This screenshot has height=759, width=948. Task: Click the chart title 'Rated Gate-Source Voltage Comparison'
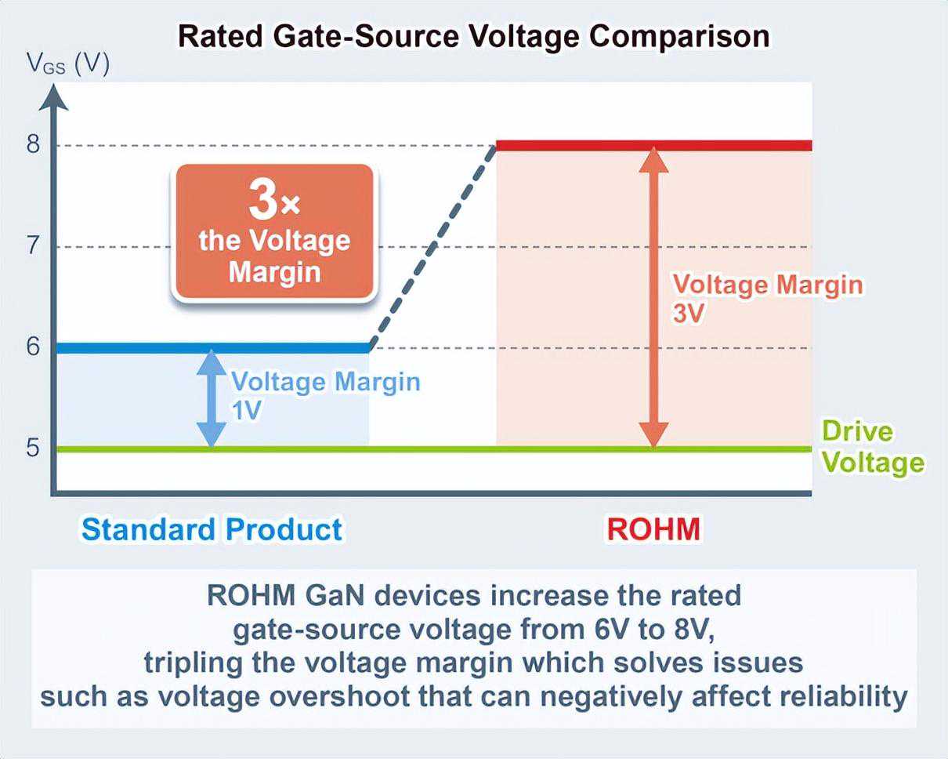click(x=473, y=36)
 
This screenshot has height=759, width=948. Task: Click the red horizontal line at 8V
click(x=653, y=146)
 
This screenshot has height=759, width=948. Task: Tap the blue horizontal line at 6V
click(x=212, y=347)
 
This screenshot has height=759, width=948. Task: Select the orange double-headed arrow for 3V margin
click(x=653, y=298)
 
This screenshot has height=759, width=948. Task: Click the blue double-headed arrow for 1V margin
click(x=210, y=398)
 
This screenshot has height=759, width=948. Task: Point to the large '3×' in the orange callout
click(x=273, y=202)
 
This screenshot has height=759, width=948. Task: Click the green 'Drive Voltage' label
click(x=871, y=448)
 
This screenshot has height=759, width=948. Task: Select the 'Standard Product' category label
click(x=212, y=529)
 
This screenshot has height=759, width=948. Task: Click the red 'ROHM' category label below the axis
click(x=653, y=529)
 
